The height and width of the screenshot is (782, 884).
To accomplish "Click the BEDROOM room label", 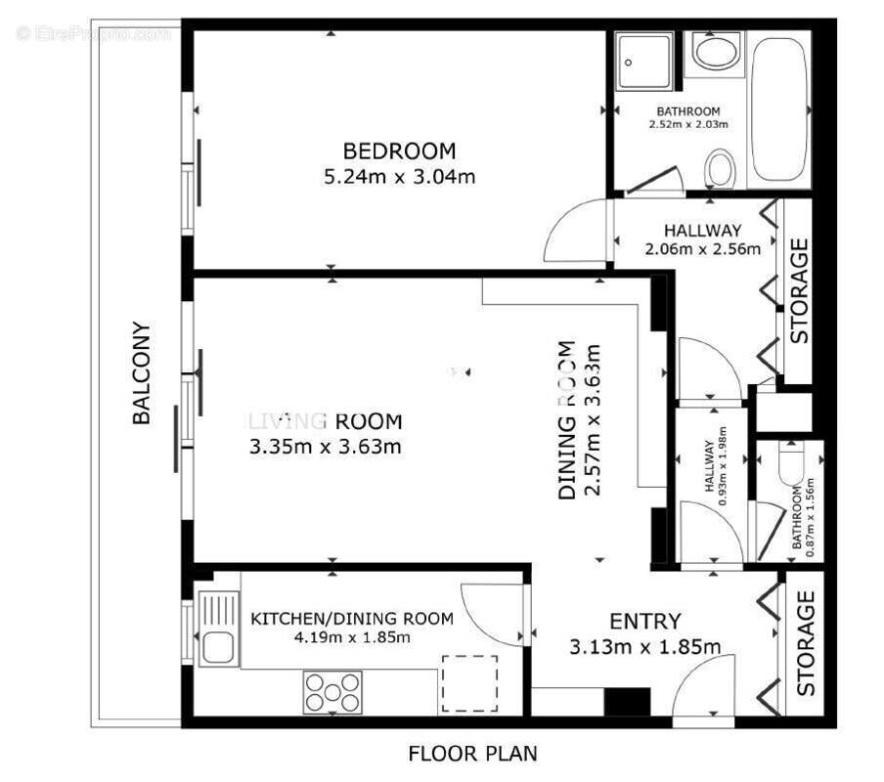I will [399, 152].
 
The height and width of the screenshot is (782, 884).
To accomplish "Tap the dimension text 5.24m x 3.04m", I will [399, 177].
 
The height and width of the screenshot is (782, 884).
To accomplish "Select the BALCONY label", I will [143, 373].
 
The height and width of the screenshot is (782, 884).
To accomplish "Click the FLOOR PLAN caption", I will [472, 754].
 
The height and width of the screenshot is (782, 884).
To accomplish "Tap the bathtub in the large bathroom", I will [779, 110].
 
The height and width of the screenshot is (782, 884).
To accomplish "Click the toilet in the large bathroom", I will [721, 168].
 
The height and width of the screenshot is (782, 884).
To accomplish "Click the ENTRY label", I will [644, 621].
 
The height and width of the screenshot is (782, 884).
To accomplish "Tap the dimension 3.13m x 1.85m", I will [644, 646].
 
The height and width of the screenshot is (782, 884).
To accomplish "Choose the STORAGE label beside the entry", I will [806, 643].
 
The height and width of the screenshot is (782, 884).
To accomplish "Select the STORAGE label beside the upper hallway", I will [799, 290].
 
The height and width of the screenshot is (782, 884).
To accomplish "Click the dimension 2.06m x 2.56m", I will [702, 248].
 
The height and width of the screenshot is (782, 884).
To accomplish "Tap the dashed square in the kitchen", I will [469, 683].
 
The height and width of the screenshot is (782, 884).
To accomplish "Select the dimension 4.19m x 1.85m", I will [352, 637].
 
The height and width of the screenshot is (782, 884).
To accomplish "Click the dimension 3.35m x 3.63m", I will [326, 447].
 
